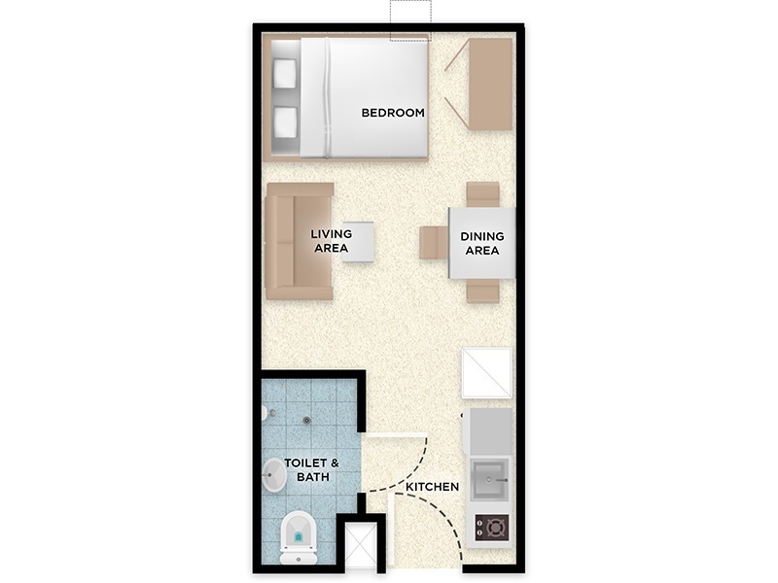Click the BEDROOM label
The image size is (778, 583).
[x=393, y=113]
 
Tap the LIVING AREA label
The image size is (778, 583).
[x=331, y=241]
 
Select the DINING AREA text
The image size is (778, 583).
[x=481, y=244]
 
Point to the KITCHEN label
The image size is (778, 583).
[x=432, y=487]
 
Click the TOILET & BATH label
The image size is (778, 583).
[x=312, y=470]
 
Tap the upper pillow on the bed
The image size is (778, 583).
[x=285, y=74]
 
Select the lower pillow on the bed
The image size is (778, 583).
[x=285, y=122]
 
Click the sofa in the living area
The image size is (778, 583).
[x=300, y=241]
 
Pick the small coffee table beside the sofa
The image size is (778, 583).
[x=358, y=242]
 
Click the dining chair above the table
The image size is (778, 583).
[x=482, y=194]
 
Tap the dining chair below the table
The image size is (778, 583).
[x=482, y=290]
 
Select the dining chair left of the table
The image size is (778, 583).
[x=434, y=242]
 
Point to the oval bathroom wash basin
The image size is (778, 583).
[x=273, y=475]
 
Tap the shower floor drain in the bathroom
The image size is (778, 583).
[x=307, y=421]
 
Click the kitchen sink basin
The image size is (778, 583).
[x=490, y=479]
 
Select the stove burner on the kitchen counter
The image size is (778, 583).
[x=492, y=528]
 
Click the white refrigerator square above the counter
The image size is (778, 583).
[x=487, y=373]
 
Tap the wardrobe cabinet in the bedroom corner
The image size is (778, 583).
[x=490, y=85]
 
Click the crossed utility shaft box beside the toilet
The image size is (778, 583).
[x=361, y=545]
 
